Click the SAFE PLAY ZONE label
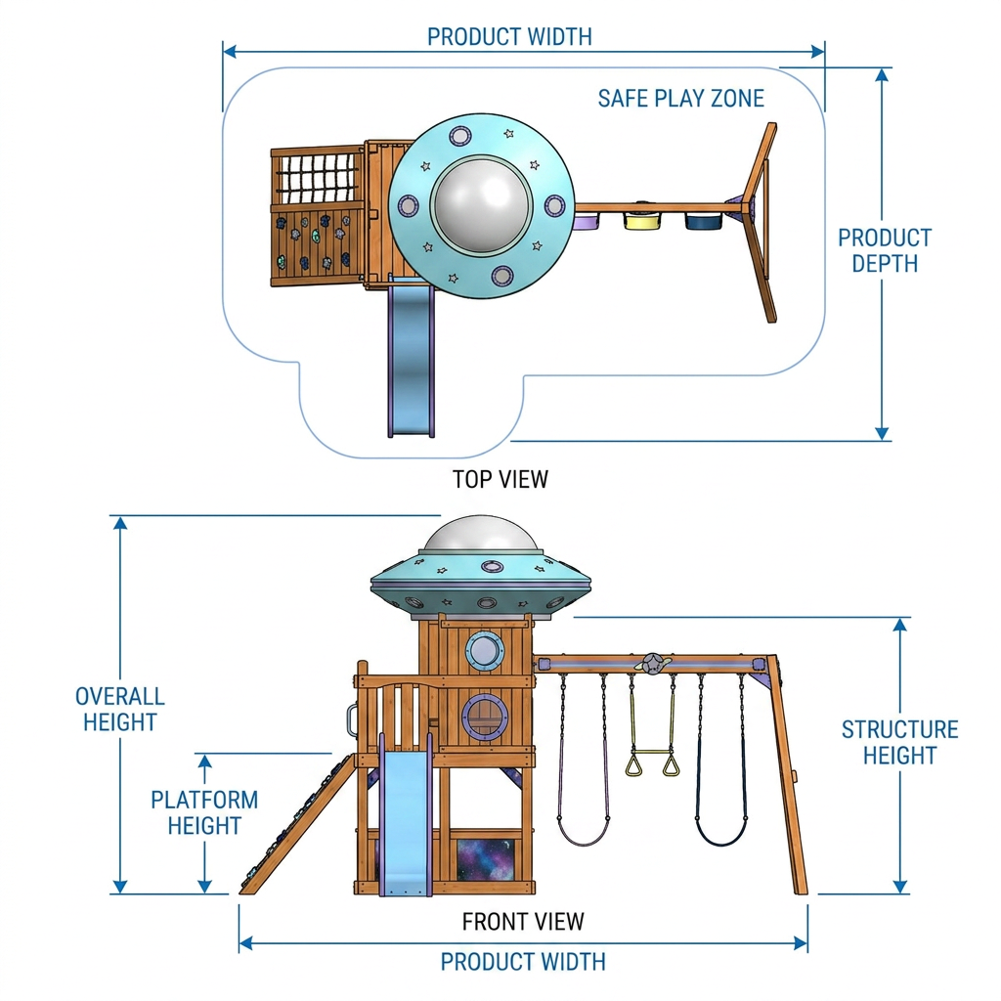click(680, 99)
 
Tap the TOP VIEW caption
click(500, 479)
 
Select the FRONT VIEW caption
click(523, 921)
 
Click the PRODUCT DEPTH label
click(885, 250)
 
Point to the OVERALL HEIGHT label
click(120, 709)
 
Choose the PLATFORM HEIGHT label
click(204, 812)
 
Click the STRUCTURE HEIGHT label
click(899, 742)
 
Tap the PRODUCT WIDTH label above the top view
click(509, 37)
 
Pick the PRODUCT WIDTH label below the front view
click(523, 962)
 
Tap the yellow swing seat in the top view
click(641, 221)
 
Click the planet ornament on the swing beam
click(652, 664)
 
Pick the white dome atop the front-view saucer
click(482, 535)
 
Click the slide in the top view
click(412, 359)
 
